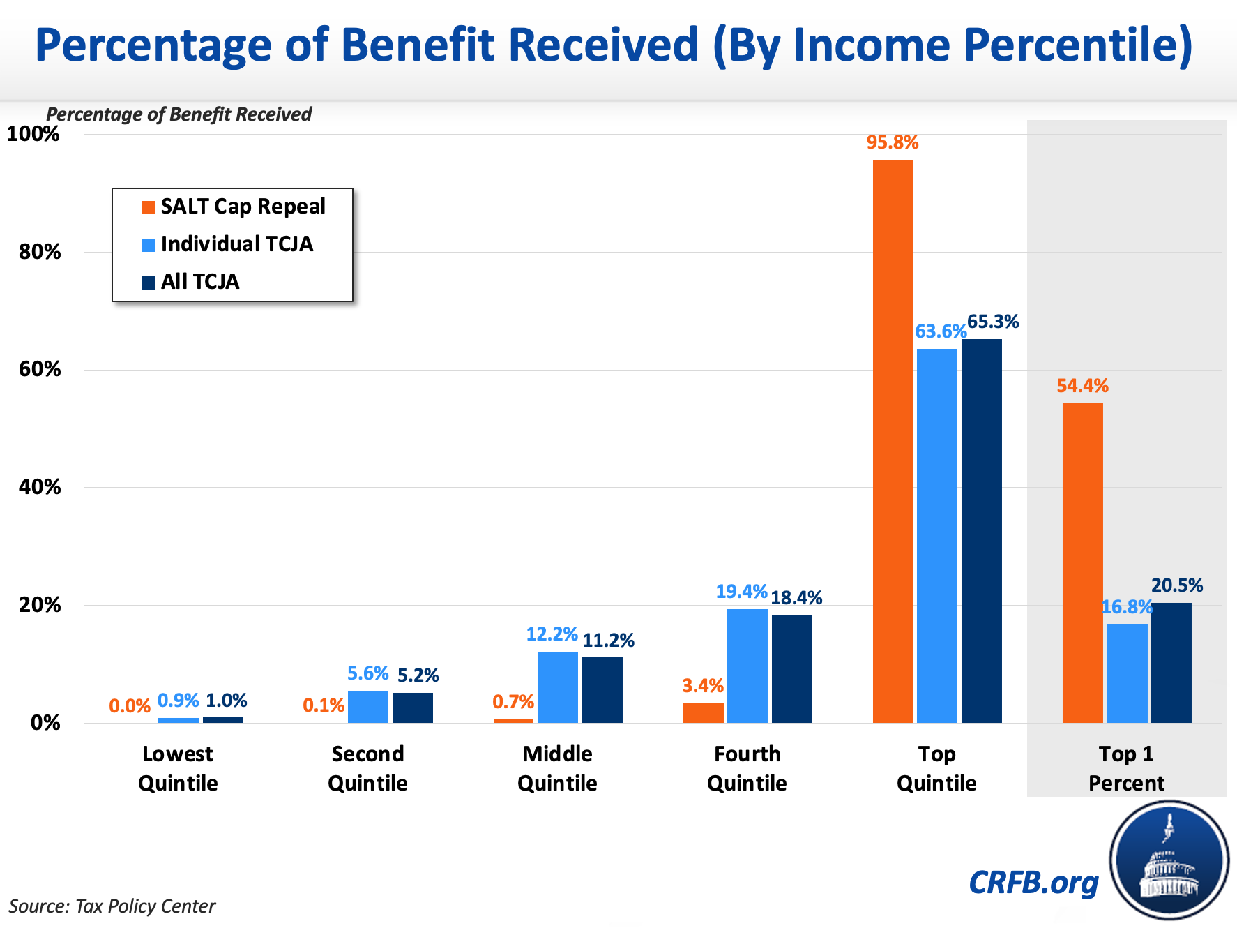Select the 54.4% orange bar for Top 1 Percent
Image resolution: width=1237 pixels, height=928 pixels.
[x=1082, y=562]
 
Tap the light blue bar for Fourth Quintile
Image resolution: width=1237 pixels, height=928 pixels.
[x=747, y=666]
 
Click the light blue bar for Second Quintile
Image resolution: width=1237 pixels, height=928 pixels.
[x=367, y=706]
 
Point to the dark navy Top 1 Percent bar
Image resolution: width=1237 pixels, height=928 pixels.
[x=1171, y=662]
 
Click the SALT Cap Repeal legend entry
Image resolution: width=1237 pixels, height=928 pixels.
[x=234, y=207]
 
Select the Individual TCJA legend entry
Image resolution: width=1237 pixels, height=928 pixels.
[x=229, y=244]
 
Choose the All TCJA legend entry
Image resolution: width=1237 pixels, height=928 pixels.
[x=191, y=282]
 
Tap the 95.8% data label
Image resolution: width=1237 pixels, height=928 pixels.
[x=893, y=143]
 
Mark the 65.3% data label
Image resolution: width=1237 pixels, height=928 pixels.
[x=993, y=322]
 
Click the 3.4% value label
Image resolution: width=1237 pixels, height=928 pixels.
[x=703, y=686]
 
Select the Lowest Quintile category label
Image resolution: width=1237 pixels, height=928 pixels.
[x=178, y=768]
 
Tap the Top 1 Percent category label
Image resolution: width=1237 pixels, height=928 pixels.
[x=1126, y=768]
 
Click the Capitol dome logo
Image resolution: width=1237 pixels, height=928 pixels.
[x=1169, y=860]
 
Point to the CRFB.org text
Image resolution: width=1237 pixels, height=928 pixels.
[x=1033, y=883]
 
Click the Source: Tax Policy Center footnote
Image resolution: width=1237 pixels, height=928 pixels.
[x=112, y=906]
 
